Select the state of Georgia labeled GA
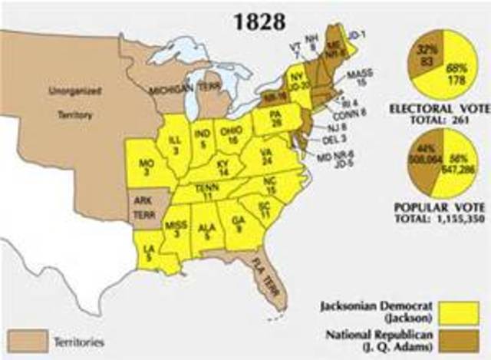pyautogui.click(x=238, y=223)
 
